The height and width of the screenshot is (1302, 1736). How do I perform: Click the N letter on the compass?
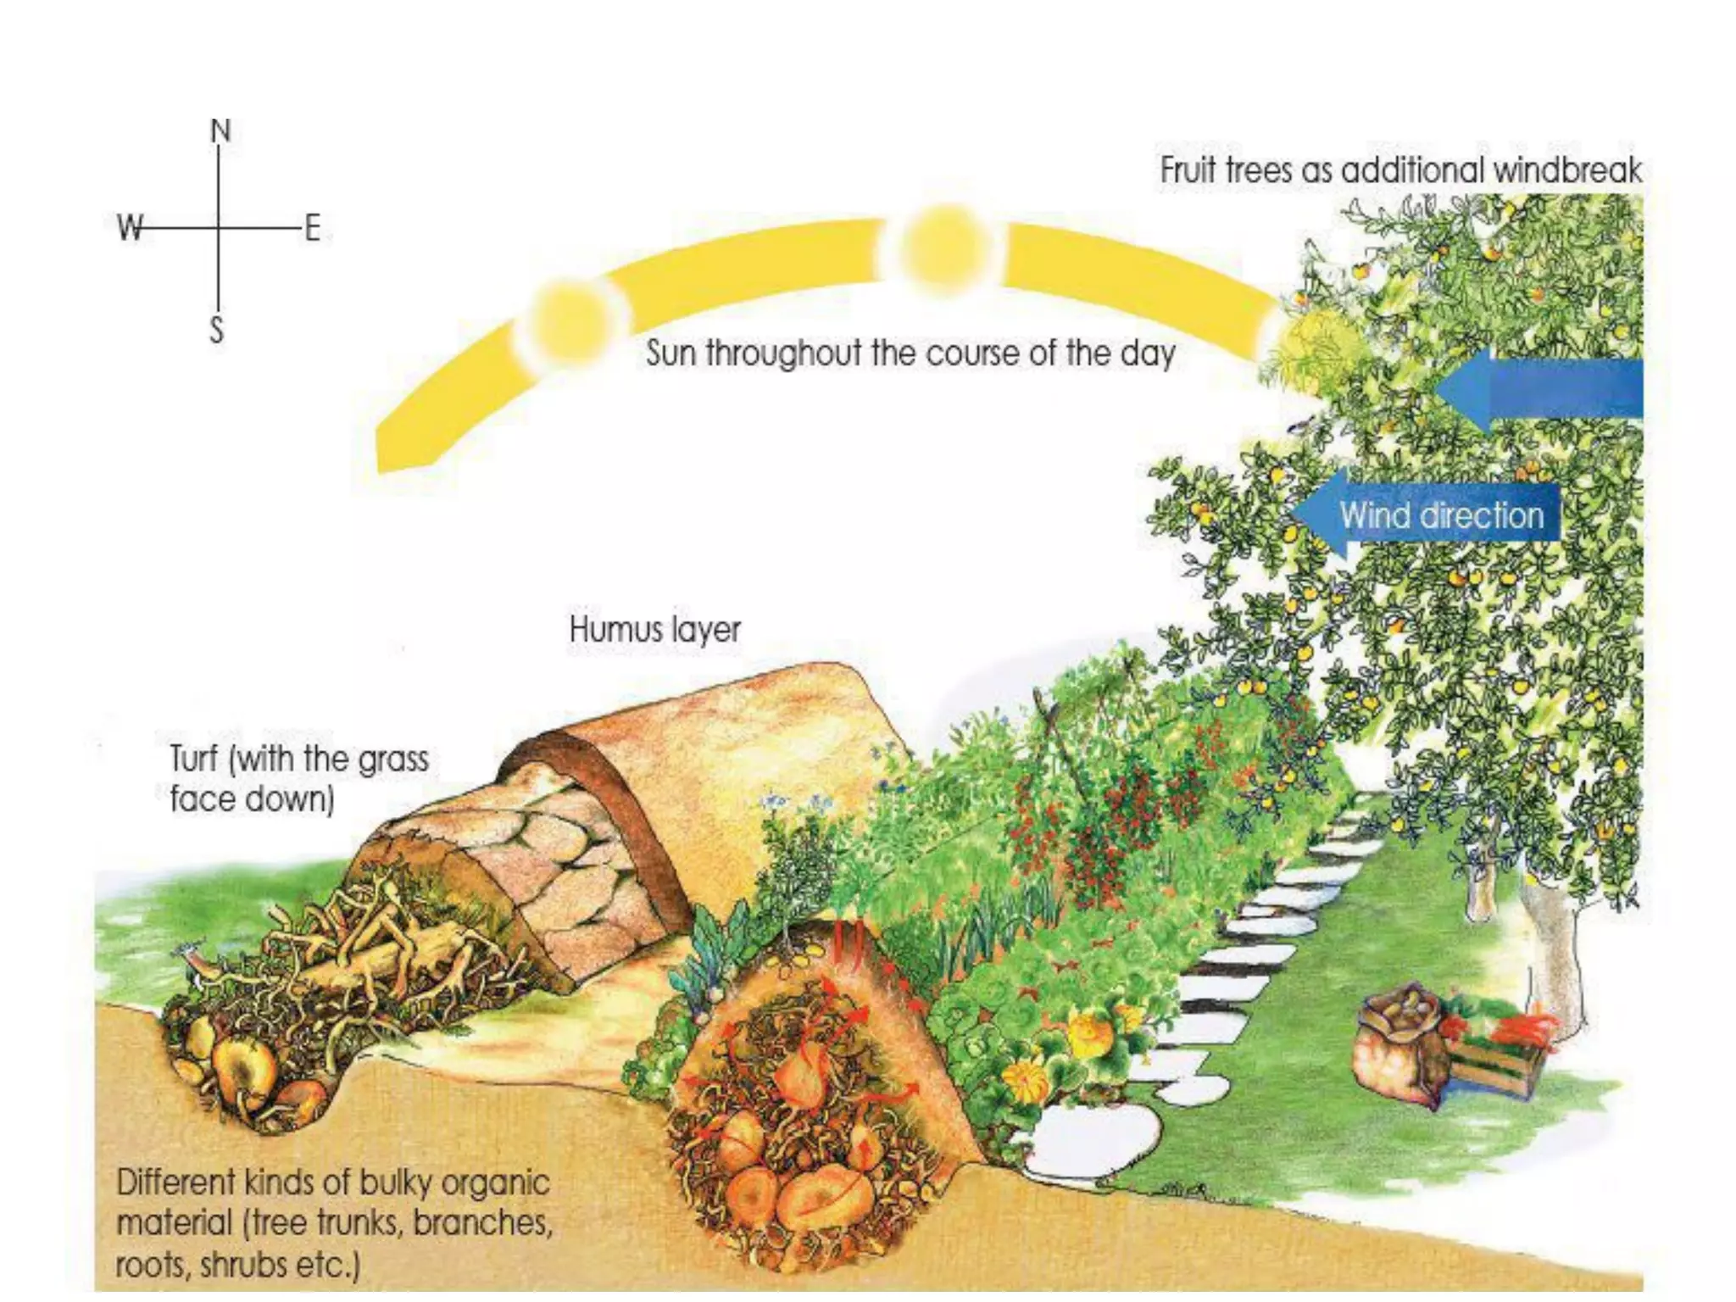[x=220, y=131]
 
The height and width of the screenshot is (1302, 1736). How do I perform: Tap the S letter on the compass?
[x=217, y=329]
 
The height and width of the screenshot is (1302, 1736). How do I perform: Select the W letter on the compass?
[x=130, y=227]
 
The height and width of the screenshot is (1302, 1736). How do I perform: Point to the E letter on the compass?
[x=312, y=228]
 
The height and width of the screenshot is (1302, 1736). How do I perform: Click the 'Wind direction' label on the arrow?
[x=1441, y=515]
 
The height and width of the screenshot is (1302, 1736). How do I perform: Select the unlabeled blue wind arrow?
[x=1543, y=388]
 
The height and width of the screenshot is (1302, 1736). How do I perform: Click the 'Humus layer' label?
[x=654, y=630]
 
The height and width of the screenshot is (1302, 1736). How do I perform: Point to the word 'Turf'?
[x=193, y=759]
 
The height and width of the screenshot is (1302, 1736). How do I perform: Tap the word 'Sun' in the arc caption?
[x=670, y=353]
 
